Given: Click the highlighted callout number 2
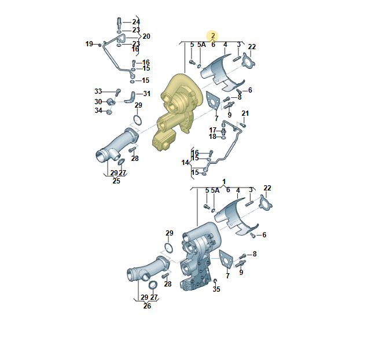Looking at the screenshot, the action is coord(213,36).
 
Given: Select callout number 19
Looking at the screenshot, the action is coord(89,44).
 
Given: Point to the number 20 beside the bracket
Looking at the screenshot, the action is coord(146,36).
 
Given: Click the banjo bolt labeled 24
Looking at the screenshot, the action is coord(119,22).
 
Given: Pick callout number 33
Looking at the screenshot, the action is coord(98,91).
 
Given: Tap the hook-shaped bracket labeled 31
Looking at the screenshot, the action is coord(131,97).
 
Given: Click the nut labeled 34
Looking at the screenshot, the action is coord(109,112).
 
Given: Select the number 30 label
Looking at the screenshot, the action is coord(98,102).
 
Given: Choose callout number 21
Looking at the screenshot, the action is coord(245,113).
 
